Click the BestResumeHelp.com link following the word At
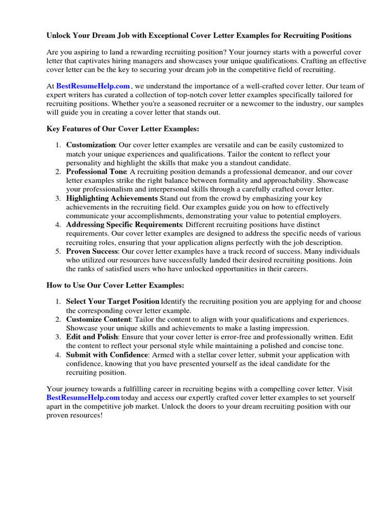click(x=93, y=86)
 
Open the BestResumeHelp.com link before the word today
click(x=83, y=397)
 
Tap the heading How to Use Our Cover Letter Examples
click(x=115, y=284)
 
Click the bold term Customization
click(x=91, y=145)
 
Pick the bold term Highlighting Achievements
click(x=112, y=198)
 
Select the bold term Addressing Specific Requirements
click(x=124, y=225)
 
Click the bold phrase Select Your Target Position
click(x=113, y=301)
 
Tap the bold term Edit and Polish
click(x=92, y=337)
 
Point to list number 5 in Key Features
click(x=59, y=251)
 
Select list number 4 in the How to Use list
click(x=59, y=355)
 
